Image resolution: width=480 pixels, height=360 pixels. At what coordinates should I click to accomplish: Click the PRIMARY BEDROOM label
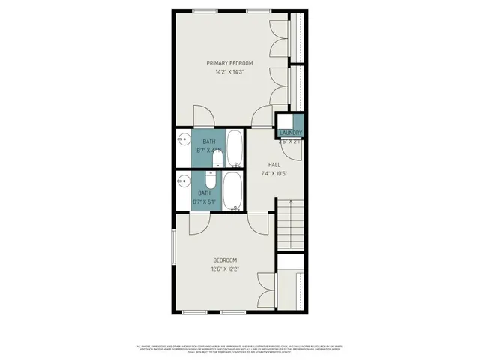229,63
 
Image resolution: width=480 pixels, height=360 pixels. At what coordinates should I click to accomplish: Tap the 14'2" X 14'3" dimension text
229,72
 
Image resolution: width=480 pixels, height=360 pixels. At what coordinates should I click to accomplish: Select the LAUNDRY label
291,133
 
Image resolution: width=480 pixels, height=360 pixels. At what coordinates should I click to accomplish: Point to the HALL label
274,165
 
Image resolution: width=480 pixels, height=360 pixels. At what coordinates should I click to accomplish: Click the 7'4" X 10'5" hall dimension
274,174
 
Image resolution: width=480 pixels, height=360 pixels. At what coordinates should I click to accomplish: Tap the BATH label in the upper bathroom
208,142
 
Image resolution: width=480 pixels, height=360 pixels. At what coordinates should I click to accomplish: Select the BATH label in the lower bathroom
205,192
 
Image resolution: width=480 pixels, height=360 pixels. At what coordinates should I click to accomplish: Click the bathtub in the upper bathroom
235,148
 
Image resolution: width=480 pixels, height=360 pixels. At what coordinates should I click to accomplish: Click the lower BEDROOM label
225,259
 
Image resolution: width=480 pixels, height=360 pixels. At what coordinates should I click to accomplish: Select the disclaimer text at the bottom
240,348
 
